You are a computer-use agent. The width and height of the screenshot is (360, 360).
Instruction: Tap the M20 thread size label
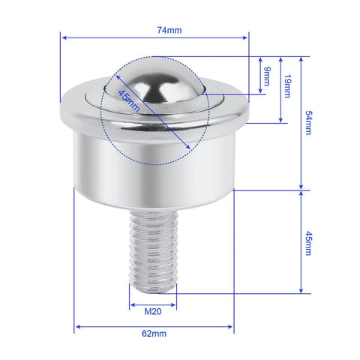pos(153,310)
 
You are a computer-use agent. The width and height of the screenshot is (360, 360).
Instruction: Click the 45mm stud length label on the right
pos(307,241)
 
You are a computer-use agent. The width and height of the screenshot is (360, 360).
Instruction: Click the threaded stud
pos(153,247)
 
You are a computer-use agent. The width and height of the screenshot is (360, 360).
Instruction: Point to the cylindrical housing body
pos(154,169)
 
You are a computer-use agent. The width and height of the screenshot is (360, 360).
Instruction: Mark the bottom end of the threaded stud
pos(153,289)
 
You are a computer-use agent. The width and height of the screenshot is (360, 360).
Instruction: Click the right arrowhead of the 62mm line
pos(232,327)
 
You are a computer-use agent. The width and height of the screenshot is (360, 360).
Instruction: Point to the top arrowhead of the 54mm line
pos(301,58)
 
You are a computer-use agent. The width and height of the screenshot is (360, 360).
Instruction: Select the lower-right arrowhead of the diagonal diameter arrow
pos(187,147)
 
